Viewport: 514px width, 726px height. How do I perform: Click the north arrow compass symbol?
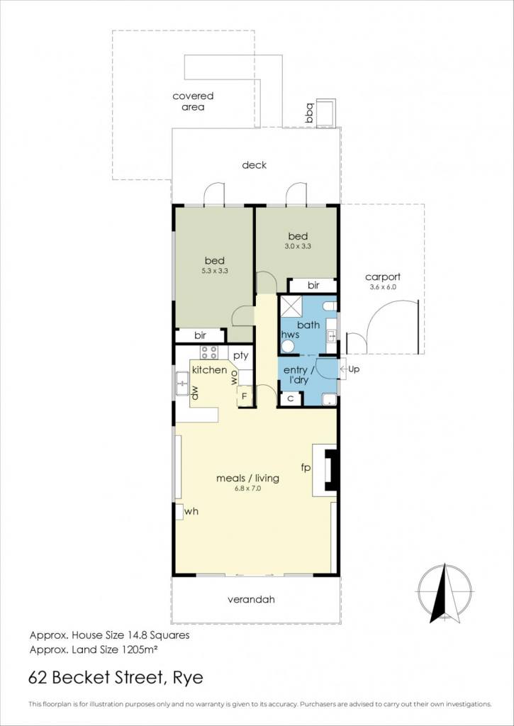coord(445,593)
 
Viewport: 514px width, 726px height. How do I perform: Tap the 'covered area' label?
coord(193,101)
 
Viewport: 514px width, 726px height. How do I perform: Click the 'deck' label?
coord(255,164)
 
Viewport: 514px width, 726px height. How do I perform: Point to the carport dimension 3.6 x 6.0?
coord(383,287)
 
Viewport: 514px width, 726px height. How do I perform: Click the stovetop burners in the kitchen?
coord(209,352)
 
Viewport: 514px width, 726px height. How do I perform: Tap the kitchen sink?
coord(182,384)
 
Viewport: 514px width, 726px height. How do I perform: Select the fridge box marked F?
coord(245,397)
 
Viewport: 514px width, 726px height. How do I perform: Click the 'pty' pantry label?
coord(241,356)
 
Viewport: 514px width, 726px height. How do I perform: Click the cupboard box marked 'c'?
coord(291,398)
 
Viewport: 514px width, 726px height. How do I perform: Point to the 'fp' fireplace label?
coord(305,468)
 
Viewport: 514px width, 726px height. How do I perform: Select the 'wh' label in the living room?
coord(191,512)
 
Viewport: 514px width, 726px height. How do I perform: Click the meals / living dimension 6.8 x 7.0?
coord(248,488)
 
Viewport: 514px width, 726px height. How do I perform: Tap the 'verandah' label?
coord(252,600)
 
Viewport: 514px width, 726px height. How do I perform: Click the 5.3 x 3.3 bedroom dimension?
coord(215,272)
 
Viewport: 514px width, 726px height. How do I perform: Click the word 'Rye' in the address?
coord(188,678)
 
